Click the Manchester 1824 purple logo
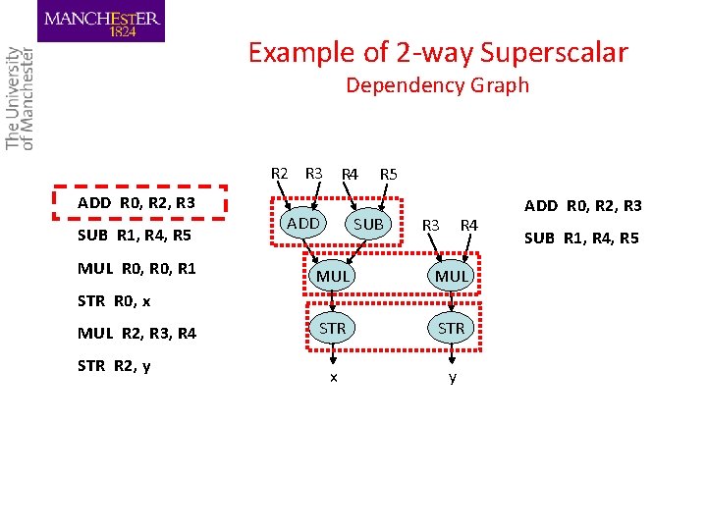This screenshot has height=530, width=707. tap(101, 22)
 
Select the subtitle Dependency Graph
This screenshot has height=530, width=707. tap(437, 85)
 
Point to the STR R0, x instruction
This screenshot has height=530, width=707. tap(113, 300)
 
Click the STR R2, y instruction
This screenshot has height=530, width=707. tap(113, 366)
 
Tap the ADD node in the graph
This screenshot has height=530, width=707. tap(302, 224)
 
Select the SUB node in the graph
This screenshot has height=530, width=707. tap(368, 225)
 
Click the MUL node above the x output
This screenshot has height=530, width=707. tap(333, 276)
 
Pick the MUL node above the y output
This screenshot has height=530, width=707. tap(452, 276)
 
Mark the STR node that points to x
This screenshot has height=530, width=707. tap(333, 328)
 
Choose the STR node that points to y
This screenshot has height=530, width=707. tap(452, 328)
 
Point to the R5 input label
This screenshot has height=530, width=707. tap(388, 175)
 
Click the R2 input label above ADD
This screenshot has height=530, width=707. tap(280, 174)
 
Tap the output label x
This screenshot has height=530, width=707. tap(334, 378)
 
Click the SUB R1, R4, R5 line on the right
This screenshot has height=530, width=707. tap(581, 238)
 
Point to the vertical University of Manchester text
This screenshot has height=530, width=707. tap(20, 98)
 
